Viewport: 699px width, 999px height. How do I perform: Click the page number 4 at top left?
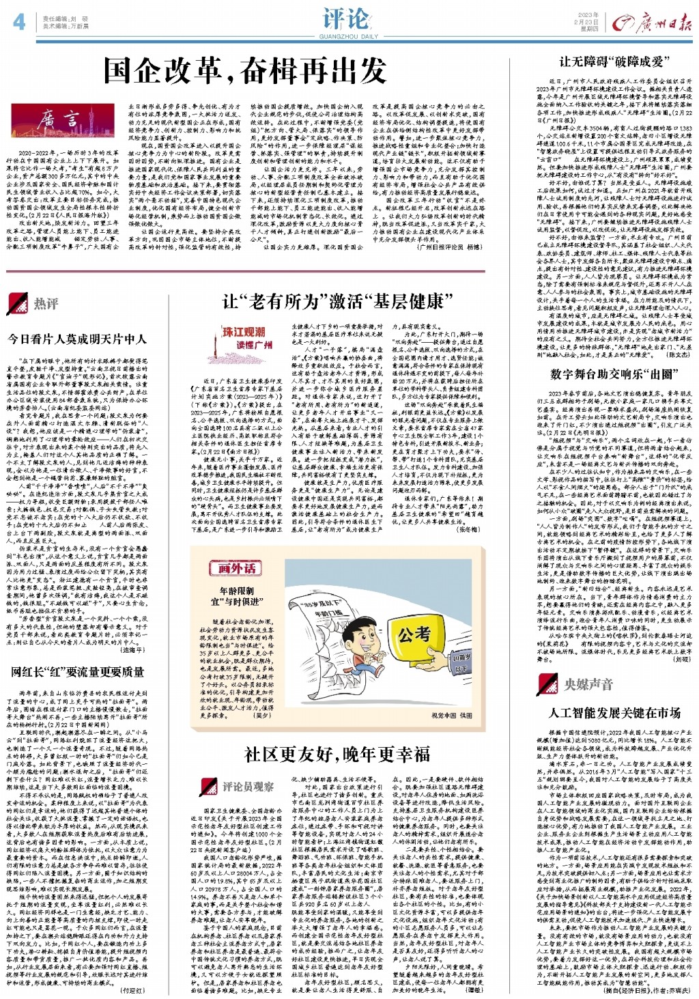pyautogui.click(x=18, y=22)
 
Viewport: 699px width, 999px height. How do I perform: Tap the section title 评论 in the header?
pyautogui.click(x=347, y=18)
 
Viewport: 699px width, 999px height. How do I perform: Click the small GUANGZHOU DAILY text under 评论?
pyautogui.click(x=347, y=36)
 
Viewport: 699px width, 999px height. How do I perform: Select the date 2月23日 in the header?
pyautogui.click(x=588, y=22)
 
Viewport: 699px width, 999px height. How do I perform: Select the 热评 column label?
pyautogui.click(x=46, y=303)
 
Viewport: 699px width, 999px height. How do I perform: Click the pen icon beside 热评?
pyautogui.click(x=16, y=302)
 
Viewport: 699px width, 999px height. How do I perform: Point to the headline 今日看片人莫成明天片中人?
pyautogui.click(x=77, y=339)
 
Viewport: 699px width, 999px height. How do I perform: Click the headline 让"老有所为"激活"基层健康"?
pyautogui.click(x=337, y=302)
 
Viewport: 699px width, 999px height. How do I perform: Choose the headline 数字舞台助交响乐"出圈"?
pyautogui.click(x=613, y=374)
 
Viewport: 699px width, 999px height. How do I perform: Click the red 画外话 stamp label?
pyautogui.click(x=237, y=567)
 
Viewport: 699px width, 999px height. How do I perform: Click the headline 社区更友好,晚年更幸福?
pyautogui.click(x=337, y=754)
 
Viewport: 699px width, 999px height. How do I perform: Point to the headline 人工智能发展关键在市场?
pyautogui.click(x=614, y=713)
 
